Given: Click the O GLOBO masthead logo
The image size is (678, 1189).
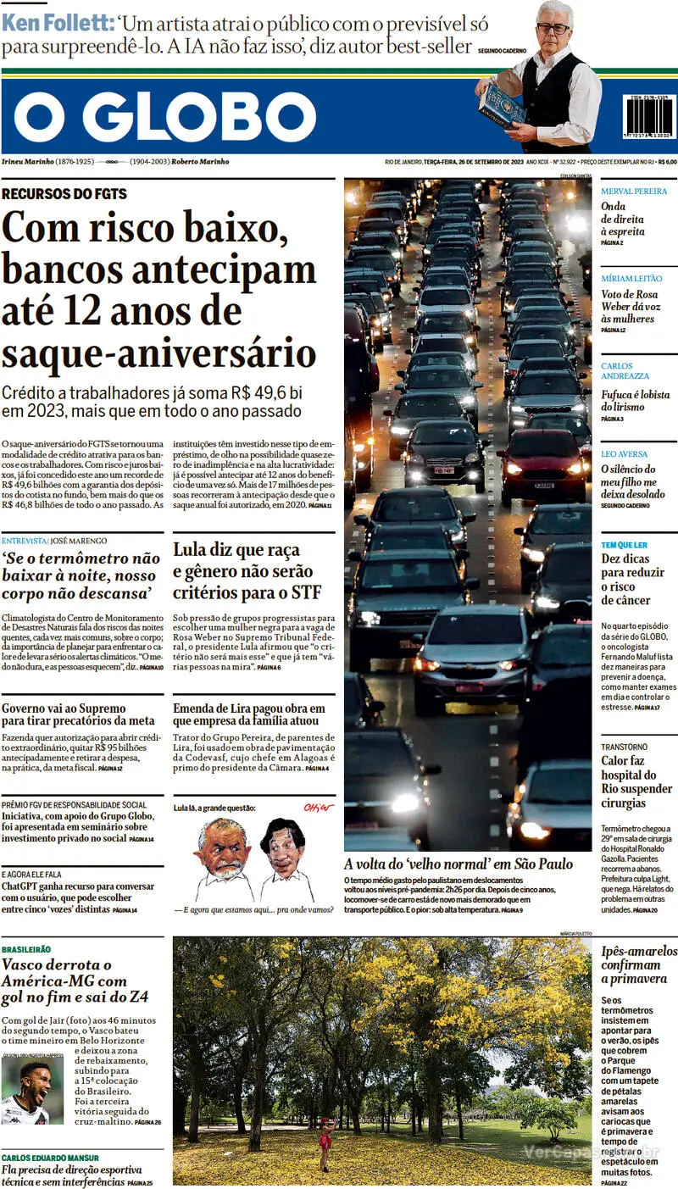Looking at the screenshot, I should [165, 116].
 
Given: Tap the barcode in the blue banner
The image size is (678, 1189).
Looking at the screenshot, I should [650, 117].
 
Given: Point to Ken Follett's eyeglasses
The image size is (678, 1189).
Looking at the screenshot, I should [553, 29].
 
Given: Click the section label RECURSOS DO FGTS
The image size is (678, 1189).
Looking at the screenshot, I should [64, 194].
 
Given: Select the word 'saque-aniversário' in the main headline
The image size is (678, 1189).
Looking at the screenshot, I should [159, 353].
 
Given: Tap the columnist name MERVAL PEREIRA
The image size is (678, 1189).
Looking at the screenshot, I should [634, 192].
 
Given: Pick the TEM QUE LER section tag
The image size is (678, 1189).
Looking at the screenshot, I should [625, 545].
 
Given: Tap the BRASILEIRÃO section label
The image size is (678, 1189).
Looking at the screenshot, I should [26, 950].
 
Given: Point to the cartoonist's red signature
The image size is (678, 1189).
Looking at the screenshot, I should [320, 807].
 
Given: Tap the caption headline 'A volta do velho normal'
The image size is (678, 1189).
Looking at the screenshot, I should [458, 864].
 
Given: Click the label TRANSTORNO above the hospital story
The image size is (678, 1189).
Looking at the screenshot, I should [625, 747].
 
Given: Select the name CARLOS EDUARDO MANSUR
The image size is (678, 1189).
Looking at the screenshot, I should [50, 1158].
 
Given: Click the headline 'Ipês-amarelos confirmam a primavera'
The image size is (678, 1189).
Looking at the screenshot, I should [639, 964].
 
